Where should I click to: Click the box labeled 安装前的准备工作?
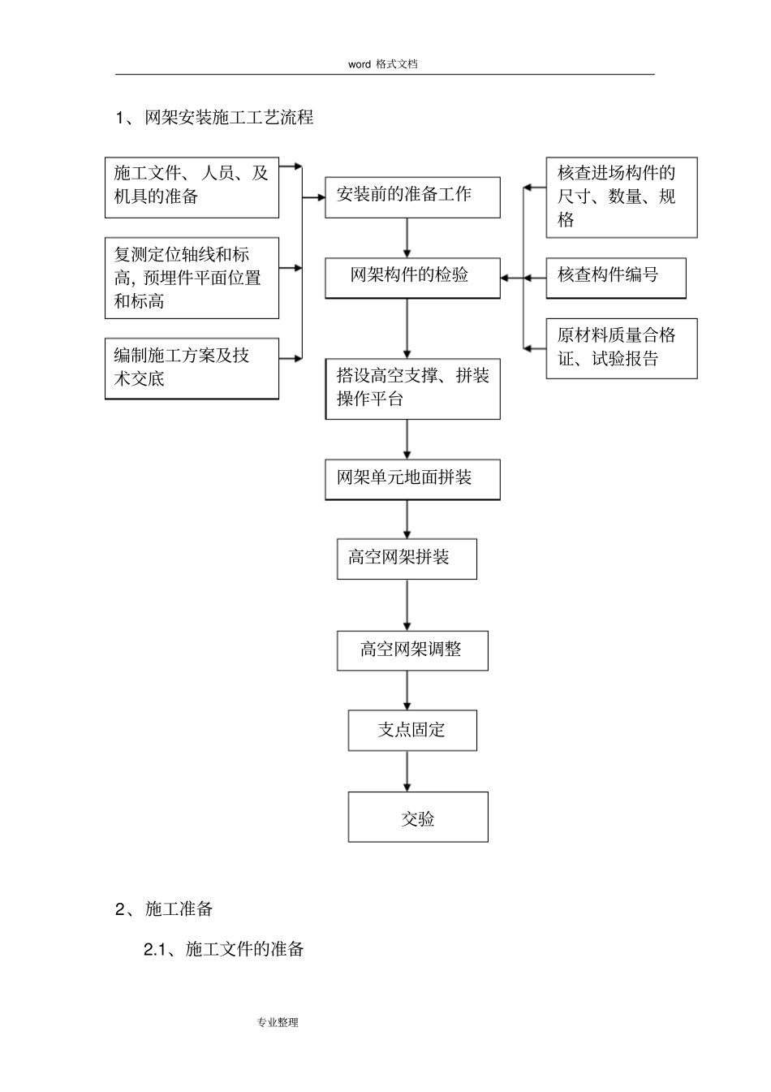412,196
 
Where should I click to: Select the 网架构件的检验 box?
412,278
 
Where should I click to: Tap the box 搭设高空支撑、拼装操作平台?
412,388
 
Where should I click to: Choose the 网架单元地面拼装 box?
412,479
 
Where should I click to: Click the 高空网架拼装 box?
407,559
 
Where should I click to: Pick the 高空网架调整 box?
412,650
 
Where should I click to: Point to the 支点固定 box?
412,730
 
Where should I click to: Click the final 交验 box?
418,818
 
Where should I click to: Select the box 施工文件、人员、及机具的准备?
192,188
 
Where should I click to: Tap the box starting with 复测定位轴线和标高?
192,278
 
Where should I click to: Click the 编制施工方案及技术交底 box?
192,368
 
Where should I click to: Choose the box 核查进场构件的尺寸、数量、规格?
621,197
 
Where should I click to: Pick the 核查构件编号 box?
615,278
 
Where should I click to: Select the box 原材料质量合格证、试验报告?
621,347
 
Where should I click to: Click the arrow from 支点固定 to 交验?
407,770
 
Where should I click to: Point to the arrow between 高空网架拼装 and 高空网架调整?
407,604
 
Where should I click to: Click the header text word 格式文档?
383,64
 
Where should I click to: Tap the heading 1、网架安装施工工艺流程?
214,118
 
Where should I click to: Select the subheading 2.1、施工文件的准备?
223,949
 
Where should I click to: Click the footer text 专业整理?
278,1022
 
